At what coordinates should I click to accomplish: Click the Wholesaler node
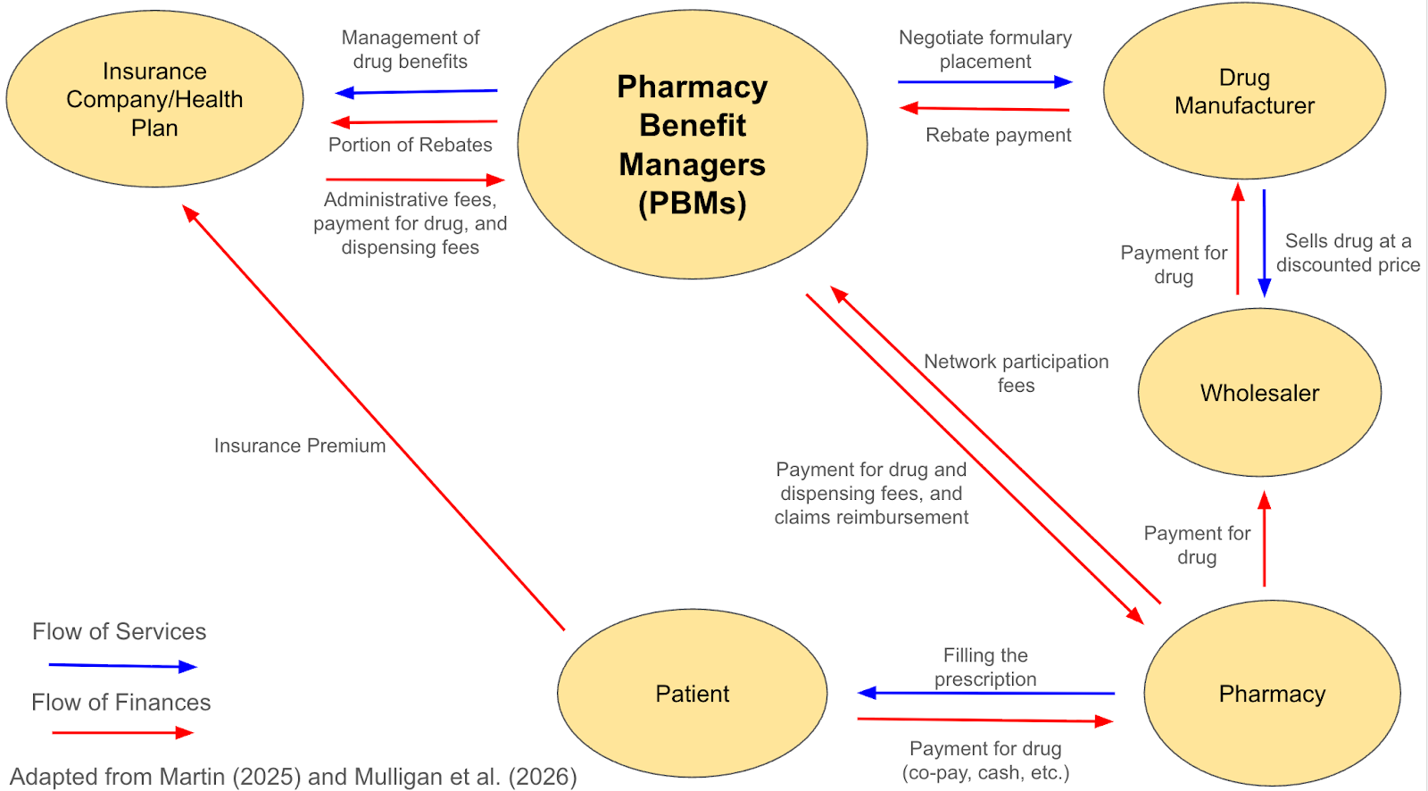pyautogui.click(x=1259, y=393)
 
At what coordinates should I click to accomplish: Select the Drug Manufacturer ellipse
pyautogui.click(x=1244, y=91)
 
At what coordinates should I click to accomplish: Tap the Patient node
pyautogui.click(x=692, y=694)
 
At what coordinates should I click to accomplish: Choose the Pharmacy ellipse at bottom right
pyautogui.click(x=1272, y=694)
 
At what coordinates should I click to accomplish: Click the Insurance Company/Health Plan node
pyautogui.click(x=154, y=99)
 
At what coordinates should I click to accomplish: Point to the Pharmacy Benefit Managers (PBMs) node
pyautogui.click(x=692, y=145)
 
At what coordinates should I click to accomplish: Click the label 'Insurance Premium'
pyautogui.click(x=300, y=445)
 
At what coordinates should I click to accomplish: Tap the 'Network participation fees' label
pyautogui.click(x=1016, y=373)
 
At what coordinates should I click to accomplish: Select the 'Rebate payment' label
pyautogui.click(x=998, y=135)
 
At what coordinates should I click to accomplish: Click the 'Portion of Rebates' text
pyautogui.click(x=410, y=145)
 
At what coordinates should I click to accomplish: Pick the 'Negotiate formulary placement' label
pyautogui.click(x=985, y=49)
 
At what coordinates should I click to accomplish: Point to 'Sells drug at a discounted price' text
pyautogui.click(x=1348, y=253)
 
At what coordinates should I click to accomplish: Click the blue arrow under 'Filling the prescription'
pyautogui.click(x=985, y=693)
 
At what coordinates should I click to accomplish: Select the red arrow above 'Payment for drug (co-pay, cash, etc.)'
pyautogui.click(x=985, y=720)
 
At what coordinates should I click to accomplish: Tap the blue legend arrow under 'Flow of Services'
pyautogui.click(x=122, y=666)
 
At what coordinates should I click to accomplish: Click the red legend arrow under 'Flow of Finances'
pyautogui.click(x=122, y=733)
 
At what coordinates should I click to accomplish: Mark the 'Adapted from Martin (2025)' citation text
pyautogui.click(x=294, y=777)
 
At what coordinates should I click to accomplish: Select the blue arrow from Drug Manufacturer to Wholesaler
pyautogui.click(x=1264, y=242)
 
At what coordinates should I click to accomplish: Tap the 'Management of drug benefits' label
pyautogui.click(x=410, y=49)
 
